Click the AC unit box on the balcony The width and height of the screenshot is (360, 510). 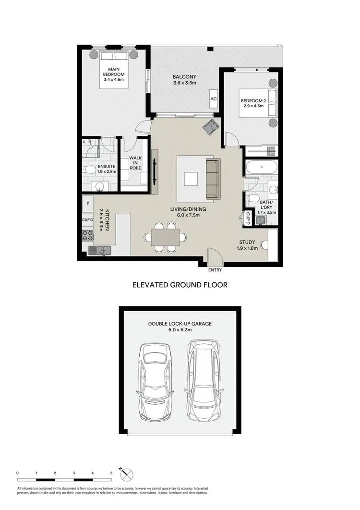coord(213,98)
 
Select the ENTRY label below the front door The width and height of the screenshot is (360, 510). coord(215,270)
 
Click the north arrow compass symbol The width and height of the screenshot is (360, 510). coord(127,475)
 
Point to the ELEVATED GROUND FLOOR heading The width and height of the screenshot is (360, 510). coord(180,284)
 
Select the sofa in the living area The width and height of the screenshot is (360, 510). coord(212,179)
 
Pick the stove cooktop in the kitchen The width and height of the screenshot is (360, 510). coord(88,235)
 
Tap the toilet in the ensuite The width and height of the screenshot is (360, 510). coord(88,169)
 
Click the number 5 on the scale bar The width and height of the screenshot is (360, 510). coord(111,473)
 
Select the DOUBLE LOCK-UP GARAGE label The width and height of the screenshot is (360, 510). coord(180,324)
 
